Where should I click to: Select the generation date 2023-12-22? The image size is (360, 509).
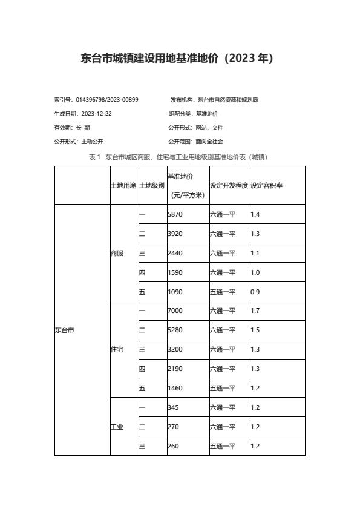(x=96, y=114)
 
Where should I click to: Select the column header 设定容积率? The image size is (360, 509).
(x=266, y=185)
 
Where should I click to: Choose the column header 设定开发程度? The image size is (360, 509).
(x=229, y=185)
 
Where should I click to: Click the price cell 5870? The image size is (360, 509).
(x=175, y=214)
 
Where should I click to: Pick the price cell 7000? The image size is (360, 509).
(x=175, y=311)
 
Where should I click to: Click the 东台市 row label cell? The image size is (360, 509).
(x=64, y=330)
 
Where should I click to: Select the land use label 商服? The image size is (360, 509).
(x=117, y=253)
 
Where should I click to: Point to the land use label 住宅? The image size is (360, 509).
(x=117, y=350)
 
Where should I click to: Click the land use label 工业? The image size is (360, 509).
(x=117, y=427)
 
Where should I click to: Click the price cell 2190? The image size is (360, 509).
(x=175, y=369)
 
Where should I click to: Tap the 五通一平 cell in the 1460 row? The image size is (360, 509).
(x=223, y=389)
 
